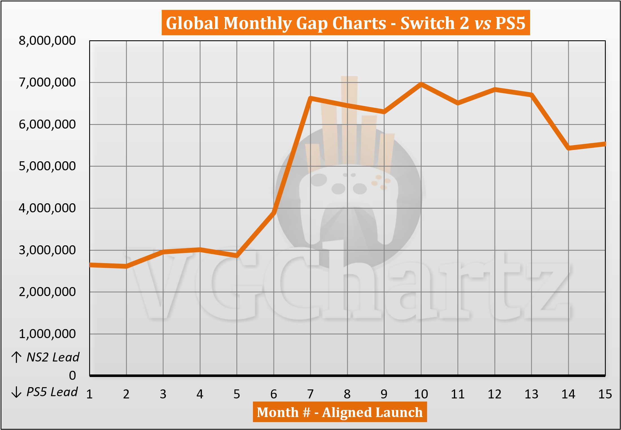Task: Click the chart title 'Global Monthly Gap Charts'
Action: point(276,23)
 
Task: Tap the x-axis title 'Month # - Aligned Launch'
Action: point(340,412)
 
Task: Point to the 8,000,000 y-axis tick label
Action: point(47,41)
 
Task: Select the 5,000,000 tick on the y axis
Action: point(47,166)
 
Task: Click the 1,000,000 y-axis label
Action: point(47,334)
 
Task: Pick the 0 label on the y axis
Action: point(73,376)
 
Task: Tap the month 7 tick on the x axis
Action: point(310,394)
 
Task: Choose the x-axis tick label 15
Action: point(605,394)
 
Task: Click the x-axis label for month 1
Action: point(89,394)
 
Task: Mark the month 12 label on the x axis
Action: point(495,394)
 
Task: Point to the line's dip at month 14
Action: point(568,148)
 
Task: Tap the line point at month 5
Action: point(237,255)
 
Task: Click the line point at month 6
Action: point(274,212)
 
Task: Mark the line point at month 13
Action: point(532,95)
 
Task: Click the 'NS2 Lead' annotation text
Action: point(53,357)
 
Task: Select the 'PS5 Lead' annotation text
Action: point(52,392)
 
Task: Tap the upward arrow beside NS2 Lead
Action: point(16,357)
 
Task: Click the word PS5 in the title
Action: point(510,23)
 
